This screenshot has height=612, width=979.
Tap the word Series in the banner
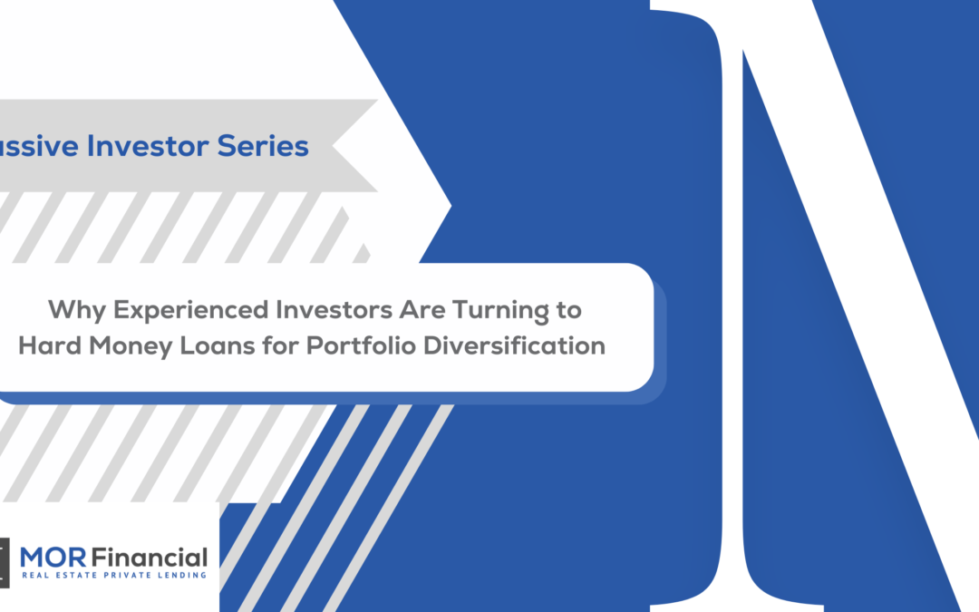pos(263,146)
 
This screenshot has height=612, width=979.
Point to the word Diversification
pos(515,345)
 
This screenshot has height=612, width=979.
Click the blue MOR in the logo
pos(53,557)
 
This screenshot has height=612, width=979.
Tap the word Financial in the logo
pos(150,557)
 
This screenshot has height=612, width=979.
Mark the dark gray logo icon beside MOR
pos(5,563)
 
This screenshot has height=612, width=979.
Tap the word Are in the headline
pos(422,310)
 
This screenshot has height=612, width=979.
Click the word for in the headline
pos(280,345)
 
